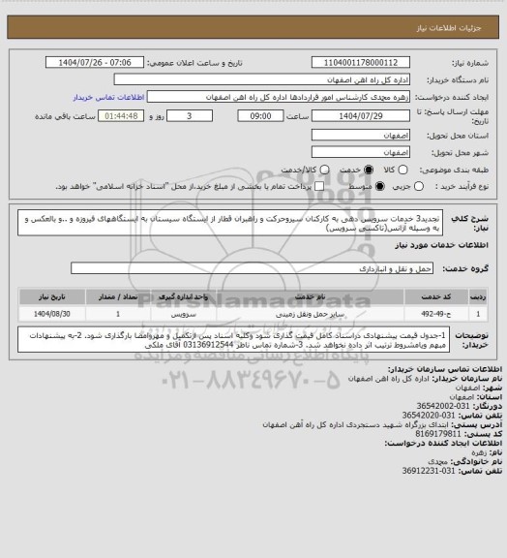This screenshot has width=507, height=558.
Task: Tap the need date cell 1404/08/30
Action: pos(55,314)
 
